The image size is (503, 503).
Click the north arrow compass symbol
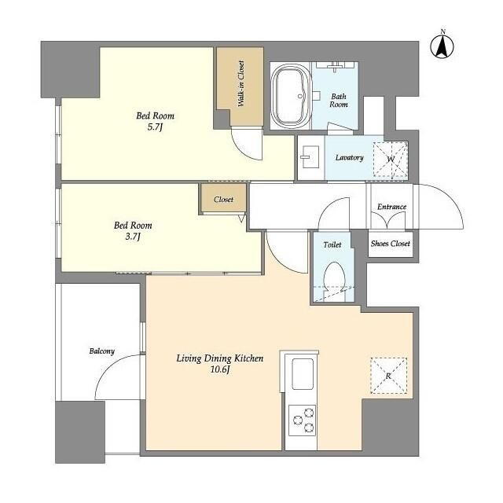[x=442, y=46]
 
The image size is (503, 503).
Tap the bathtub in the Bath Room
[x=292, y=96]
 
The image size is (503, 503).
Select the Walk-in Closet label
[x=240, y=83]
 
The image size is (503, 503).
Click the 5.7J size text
[x=156, y=127]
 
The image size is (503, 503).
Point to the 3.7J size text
[x=133, y=237]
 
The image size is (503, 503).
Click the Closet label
[x=223, y=200]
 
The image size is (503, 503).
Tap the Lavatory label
[x=349, y=158]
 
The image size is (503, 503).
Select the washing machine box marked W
[x=391, y=159]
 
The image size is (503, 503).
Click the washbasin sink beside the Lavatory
[x=310, y=157]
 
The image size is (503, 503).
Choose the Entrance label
[x=391, y=207]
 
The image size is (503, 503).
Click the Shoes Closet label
[x=391, y=244]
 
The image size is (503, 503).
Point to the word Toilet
[x=332, y=244]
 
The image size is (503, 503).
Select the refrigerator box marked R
[x=389, y=376]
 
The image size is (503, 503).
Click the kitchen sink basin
[x=302, y=374]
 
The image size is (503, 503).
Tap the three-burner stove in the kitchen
[x=302, y=420]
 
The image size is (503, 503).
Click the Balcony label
[x=101, y=351]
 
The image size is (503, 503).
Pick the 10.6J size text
[x=220, y=370]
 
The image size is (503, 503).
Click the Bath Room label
[x=339, y=101]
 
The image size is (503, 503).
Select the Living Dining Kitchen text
[x=220, y=358]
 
